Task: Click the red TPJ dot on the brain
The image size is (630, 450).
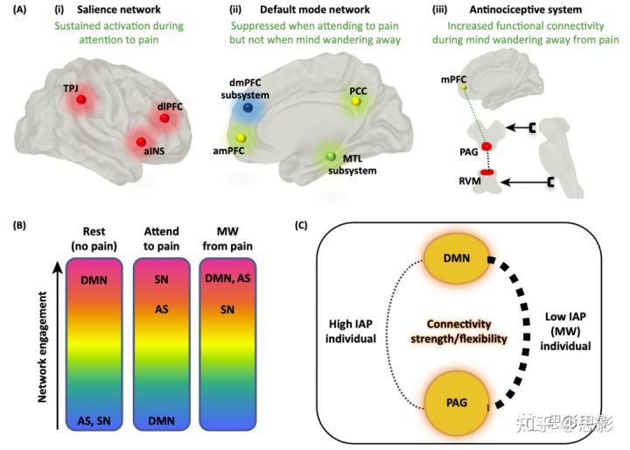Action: [81, 101]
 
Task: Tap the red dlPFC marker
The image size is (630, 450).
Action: [164, 119]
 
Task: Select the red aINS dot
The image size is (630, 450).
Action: [138, 141]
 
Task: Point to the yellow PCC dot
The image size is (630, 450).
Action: [355, 102]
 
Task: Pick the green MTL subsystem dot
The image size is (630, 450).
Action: [330, 156]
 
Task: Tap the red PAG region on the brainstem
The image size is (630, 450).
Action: [486, 144]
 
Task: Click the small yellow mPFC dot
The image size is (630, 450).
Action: [465, 88]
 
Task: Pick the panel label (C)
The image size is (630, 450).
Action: [303, 225]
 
